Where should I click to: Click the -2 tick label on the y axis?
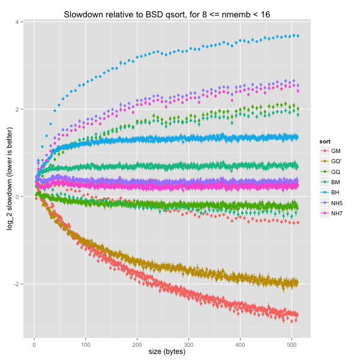(x=19, y=284)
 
